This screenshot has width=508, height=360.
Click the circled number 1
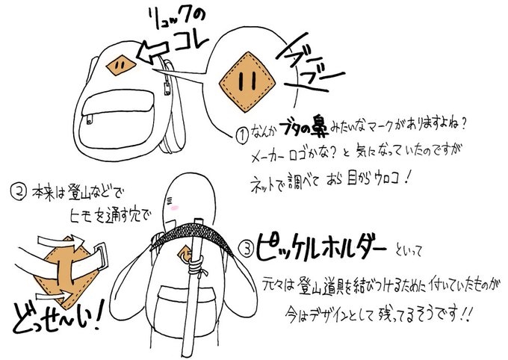click(x=243, y=135)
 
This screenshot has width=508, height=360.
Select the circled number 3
click(x=247, y=249)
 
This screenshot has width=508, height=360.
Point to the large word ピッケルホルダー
click(x=321, y=248)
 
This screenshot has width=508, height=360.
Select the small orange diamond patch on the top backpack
click(x=120, y=66)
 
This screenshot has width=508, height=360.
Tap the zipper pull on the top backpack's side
click(x=167, y=88)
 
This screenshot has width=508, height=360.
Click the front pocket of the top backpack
click(x=117, y=119)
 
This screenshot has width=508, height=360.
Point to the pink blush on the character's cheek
click(x=175, y=208)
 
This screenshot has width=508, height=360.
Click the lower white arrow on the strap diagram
click(x=55, y=295)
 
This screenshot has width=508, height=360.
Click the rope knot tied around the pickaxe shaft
click(x=196, y=267)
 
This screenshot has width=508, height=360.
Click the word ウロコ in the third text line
click(x=388, y=178)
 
